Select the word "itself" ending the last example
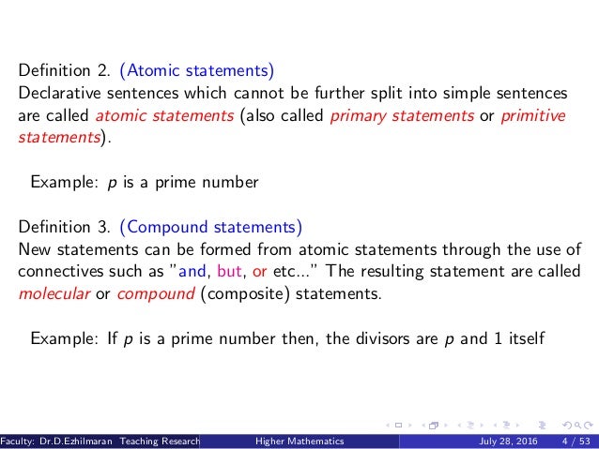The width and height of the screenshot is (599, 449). click(x=524, y=337)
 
